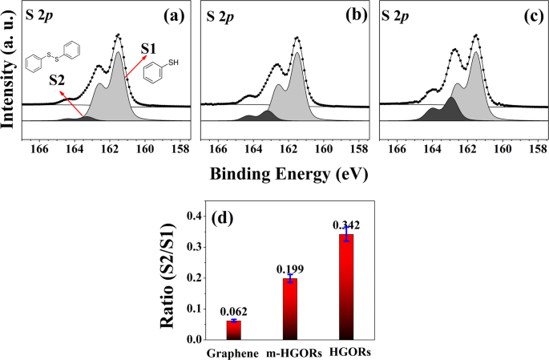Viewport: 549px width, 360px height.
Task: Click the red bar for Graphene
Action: pos(233,330)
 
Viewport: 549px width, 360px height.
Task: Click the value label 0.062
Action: pos(233,311)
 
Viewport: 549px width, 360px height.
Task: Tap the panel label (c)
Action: pos(527,15)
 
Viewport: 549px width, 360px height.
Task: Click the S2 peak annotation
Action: pos(55,80)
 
